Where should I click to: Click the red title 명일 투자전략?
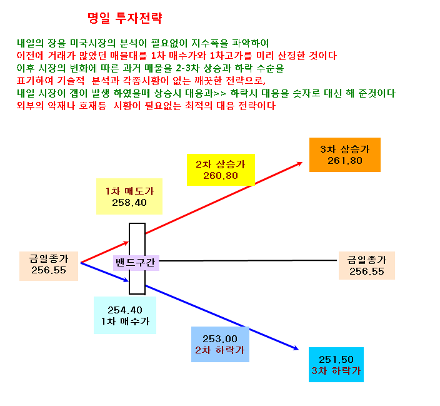(125, 18)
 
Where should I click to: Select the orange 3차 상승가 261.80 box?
(345, 155)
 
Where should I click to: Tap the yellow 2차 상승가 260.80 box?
(221, 170)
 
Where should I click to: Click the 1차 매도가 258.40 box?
(129, 196)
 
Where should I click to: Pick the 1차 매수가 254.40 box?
(125, 315)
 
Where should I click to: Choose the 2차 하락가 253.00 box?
(220, 344)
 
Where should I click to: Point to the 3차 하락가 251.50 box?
(336, 365)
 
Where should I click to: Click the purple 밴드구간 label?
(136, 263)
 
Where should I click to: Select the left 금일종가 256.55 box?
(49, 266)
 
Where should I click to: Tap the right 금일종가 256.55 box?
(367, 265)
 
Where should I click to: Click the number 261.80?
(345, 161)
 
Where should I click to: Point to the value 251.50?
(336, 360)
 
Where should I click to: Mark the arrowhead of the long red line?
(302, 163)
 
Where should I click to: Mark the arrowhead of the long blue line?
(298, 350)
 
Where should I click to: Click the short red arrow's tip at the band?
(129, 242)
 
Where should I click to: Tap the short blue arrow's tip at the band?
(129, 280)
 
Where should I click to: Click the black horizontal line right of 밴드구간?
(248, 260)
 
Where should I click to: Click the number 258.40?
(129, 203)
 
